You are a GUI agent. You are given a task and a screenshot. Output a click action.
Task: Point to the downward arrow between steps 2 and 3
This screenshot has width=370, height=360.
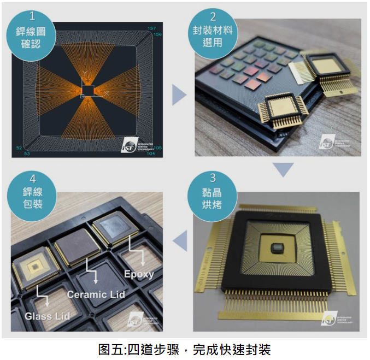tap(283, 170)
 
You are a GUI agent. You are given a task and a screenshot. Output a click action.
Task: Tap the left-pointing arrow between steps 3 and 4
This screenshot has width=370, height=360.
tap(179, 240)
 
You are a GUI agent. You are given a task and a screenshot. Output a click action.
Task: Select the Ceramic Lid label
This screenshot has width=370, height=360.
tap(96, 294)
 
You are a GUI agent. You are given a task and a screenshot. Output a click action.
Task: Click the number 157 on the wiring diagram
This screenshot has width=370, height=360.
tap(152, 28)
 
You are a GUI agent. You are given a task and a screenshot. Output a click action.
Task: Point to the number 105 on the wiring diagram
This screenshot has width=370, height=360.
tap(157, 147)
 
